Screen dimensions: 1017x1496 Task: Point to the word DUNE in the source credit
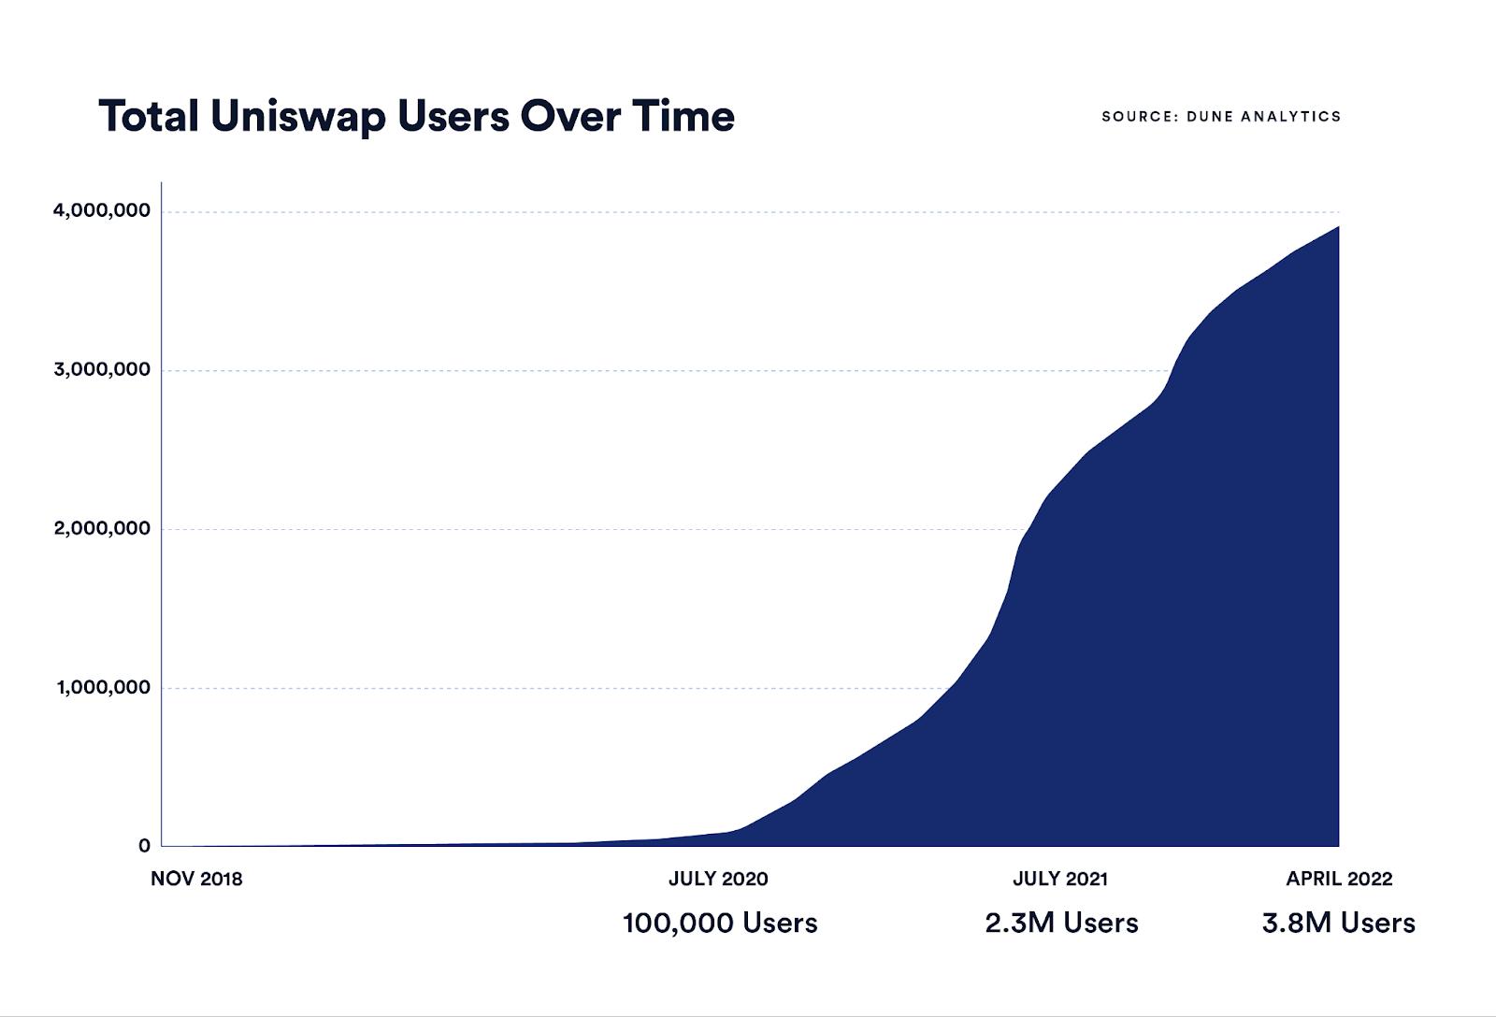click(1213, 117)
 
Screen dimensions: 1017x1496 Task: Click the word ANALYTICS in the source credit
click(1295, 117)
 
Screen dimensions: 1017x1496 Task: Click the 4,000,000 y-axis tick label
click(101, 211)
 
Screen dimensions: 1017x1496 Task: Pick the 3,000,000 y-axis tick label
click(101, 370)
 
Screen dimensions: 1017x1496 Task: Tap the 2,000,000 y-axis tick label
click(101, 529)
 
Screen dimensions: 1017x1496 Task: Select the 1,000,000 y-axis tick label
click(103, 688)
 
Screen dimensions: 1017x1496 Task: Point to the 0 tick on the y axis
click(144, 846)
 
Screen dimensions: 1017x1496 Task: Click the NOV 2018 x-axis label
click(196, 880)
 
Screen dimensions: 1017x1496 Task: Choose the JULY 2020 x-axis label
click(718, 880)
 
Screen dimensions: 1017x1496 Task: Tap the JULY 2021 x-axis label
click(1060, 880)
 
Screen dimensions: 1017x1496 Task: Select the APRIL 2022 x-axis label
click(1339, 880)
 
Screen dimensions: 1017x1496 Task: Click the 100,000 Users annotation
click(720, 924)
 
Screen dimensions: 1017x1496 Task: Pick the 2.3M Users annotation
click(1061, 924)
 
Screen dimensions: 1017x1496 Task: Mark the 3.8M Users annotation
click(1338, 924)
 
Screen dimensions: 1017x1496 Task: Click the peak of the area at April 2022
click(1337, 227)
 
